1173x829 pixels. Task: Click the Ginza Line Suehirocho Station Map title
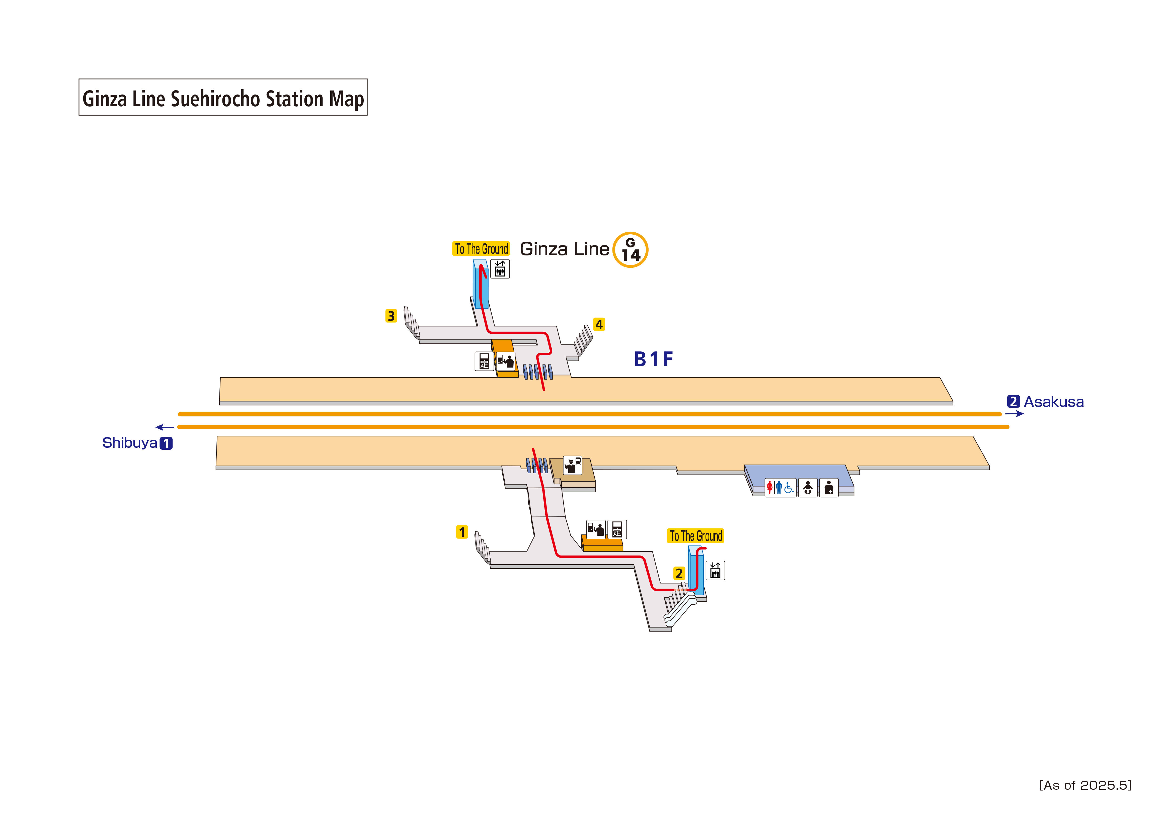pyautogui.click(x=223, y=98)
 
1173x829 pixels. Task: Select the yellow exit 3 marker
pyautogui.click(x=391, y=316)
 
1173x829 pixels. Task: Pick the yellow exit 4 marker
pyautogui.click(x=599, y=324)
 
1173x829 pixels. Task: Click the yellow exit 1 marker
pyautogui.click(x=462, y=532)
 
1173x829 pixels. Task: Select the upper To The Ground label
pyautogui.click(x=481, y=249)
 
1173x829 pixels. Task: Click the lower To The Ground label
pyautogui.click(x=695, y=536)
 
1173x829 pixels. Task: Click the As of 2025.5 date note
pyautogui.click(x=1085, y=785)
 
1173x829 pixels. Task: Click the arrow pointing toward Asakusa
pyautogui.click(x=1014, y=414)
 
